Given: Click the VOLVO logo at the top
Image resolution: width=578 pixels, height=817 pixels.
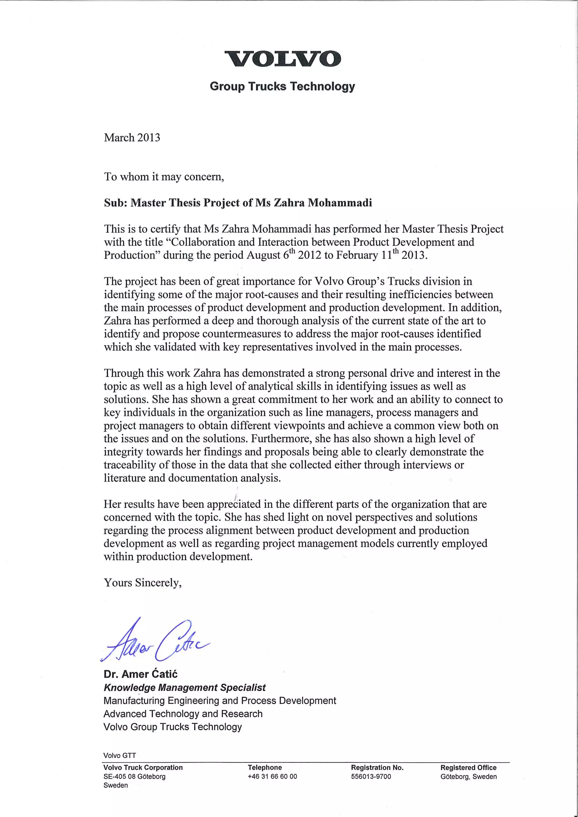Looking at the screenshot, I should (x=283, y=59).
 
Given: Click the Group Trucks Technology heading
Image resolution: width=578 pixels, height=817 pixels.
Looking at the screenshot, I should (x=283, y=87).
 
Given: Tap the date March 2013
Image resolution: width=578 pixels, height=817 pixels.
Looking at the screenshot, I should (x=132, y=138).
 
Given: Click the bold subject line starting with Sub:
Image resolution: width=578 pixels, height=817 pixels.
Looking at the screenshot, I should (x=238, y=203).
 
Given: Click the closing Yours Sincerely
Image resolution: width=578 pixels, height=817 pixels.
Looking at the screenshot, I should (x=143, y=583).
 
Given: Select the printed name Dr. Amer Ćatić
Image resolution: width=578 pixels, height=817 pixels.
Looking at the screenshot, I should (x=140, y=674).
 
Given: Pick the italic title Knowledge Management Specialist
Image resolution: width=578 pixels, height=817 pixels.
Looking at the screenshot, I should (x=185, y=688).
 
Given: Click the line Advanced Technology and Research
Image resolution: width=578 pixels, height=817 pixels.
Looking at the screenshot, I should (x=183, y=714).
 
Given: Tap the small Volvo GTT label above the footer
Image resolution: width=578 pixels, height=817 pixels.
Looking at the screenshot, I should (x=119, y=756).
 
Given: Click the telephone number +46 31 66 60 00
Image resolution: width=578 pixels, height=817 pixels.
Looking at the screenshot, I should (x=272, y=776).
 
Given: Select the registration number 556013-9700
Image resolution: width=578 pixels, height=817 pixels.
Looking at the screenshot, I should (x=371, y=776).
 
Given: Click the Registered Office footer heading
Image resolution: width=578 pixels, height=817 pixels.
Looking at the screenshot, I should (x=468, y=768).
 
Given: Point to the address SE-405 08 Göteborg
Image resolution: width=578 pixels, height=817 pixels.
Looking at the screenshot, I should (x=134, y=776).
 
